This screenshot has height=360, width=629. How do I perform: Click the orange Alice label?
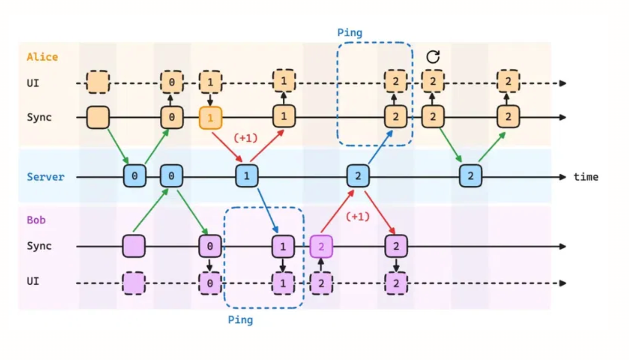coord(42,57)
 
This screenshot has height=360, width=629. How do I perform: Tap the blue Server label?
coord(46,177)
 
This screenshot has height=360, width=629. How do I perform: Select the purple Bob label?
coord(36,220)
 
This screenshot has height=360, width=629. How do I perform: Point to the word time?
coord(586,177)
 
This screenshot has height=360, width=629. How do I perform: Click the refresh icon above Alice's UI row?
coord(433,57)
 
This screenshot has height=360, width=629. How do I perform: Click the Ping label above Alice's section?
coord(350,33)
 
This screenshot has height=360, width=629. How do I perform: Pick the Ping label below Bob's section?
coord(240,320)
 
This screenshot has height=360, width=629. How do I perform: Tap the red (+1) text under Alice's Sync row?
coord(245,138)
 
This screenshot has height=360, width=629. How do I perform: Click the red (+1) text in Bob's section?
coord(358,217)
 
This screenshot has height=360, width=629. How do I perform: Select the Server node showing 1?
coord(246,176)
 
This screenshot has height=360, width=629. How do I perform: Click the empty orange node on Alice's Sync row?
coord(98,117)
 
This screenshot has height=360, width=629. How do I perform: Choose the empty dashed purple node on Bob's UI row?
coord(134,283)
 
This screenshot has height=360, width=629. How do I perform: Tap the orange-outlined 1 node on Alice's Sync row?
coord(210,118)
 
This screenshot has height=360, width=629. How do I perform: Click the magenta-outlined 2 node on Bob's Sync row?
coord(321,246)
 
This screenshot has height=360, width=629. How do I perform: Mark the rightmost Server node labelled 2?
coord(470,176)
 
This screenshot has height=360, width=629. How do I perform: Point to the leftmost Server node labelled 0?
coord(134,176)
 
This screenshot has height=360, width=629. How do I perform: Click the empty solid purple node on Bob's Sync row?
coord(134,246)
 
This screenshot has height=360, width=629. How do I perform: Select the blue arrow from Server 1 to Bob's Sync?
coord(267,210)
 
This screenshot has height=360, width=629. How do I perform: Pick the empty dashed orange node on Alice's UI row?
coord(98,82)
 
